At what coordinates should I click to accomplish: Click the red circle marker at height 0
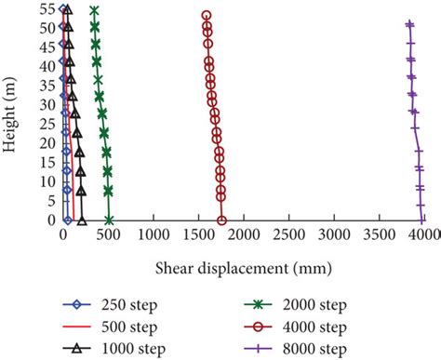[221, 220]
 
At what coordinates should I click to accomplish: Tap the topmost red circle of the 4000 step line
[207, 16]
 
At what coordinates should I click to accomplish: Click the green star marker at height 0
[109, 220]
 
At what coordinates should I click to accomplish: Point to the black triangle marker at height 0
[82, 220]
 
